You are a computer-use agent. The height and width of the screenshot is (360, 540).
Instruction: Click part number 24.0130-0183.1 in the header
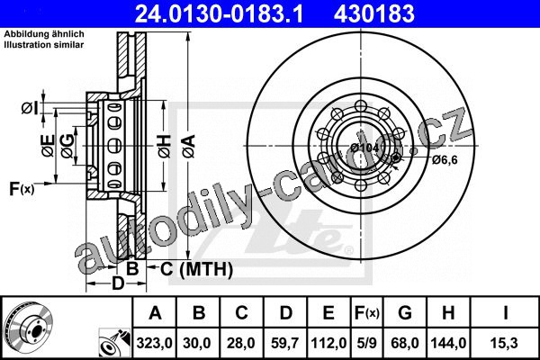(219, 13)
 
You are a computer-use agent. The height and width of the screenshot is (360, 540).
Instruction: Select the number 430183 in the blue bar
(374, 13)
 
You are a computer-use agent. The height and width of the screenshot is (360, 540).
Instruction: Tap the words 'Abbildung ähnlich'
(44, 34)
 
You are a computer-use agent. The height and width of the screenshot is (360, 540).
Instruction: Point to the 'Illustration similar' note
(44, 44)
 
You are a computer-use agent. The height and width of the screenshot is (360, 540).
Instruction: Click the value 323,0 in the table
(154, 343)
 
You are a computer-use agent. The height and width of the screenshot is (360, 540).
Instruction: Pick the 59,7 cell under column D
(285, 343)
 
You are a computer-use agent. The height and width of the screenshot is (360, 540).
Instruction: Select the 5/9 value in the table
(366, 343)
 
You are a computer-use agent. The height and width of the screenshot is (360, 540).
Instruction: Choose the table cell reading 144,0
(448, 343)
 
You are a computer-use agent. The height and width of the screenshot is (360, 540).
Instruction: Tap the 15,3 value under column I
(505, 343)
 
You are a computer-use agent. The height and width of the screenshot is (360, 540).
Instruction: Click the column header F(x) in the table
(367, 313)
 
